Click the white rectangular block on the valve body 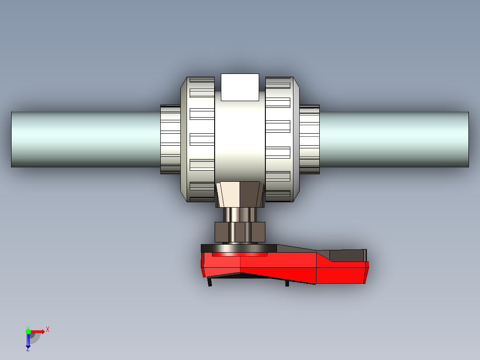point(240,87)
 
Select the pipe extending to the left point(85,139)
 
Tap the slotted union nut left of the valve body point(198,139)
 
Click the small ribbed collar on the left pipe point(170,139)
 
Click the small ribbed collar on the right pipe point(309,139)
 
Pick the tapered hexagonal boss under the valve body point(240,194)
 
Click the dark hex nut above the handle point(240,232)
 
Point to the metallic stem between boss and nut point(240,214)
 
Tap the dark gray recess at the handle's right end point(347,256)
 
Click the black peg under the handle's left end point(210,282)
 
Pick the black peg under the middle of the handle point(287,283)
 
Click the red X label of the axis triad point(48,329)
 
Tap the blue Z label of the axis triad point(28,349)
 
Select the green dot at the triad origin point(28,331)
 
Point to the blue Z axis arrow point(28,340)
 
